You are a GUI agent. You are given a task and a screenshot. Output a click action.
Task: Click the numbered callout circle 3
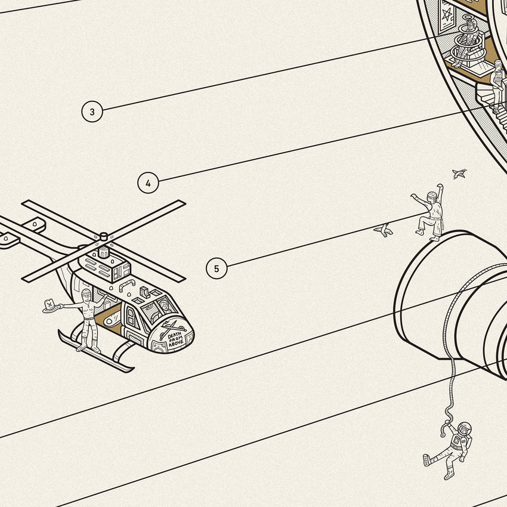92,112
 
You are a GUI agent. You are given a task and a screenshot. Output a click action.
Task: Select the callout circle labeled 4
148,183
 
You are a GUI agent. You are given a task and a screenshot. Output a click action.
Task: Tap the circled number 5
217,268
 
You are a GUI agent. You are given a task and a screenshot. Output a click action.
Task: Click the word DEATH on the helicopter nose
175,335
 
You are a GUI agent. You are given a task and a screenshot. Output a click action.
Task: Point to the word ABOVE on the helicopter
177,344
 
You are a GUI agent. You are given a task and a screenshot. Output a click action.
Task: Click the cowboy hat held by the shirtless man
52,306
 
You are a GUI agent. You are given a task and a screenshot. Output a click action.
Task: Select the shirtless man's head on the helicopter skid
86,294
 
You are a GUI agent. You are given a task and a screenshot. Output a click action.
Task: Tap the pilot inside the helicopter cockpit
164,306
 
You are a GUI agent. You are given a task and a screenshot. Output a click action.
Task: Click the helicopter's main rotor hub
103,237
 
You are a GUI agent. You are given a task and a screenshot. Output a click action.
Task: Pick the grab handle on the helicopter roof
127,285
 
